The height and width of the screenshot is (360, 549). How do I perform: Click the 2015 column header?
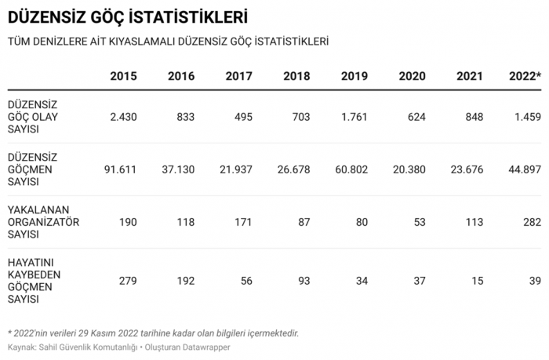pyautogui.click(x=123, y=76)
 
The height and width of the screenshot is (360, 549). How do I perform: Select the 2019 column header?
pyautogui.click(x=354, y=76)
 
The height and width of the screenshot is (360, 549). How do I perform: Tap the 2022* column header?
pyautogui.click(x=525, y=76)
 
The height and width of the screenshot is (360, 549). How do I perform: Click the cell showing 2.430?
pyautogui.click(x=123, y=117)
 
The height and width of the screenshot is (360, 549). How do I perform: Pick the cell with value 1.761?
pyautogui.click(x=354, y=117)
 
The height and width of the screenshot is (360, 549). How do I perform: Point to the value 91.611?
pyautogui.click(x=120, y=169)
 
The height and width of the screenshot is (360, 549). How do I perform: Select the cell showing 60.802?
pyautogui.click(x=351, y=169)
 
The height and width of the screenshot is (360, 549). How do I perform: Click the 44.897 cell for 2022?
pyautogui.click(x=522, y=169)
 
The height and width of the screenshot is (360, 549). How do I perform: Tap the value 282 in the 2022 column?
pyautogui.click(x=530, y=222)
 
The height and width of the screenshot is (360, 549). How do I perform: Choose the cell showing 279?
pyautogui.click(x=127, y=280)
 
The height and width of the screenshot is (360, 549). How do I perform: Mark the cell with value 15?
pyautogui.click(x=477, y=280)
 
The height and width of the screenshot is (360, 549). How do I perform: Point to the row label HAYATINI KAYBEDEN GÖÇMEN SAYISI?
pyautogui.click(x=35, y=280)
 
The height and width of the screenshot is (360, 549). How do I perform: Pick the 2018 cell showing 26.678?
pyautogui.click(x=293, y=169)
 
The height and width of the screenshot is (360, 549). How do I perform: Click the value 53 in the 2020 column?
pyautogui.click(x=419, y=222)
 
